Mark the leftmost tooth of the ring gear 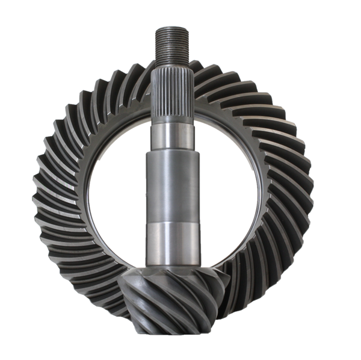click(x=35, y=181)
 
